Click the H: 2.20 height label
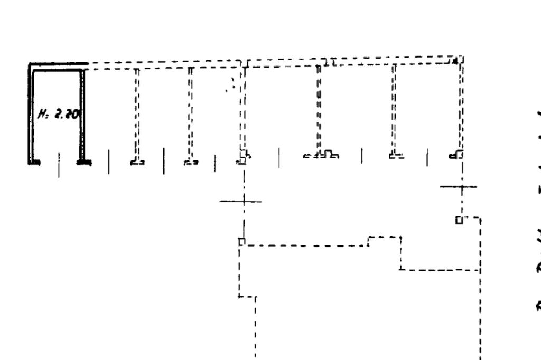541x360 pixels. pyautogui.click(x=57, y=113)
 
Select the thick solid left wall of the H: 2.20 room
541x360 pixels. pyautogui.click(x=31, y=113)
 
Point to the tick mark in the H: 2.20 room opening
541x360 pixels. pyautogui.click(x=59, y=164)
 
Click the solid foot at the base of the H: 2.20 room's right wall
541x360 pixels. pyautogui.click(x=82, y=162)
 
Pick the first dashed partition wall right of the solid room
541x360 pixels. pyautogui.click(x=137, y=113)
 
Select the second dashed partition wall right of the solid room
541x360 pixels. pyautogui.click(x=190, y=113)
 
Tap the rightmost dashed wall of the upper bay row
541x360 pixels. pyautogui.click(x=461, y=106)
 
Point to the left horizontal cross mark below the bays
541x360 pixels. pyautogui.click(x=240, y=201)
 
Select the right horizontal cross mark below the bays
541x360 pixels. pyautogui.click(x=458, y=187)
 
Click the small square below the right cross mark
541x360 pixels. pyautogui.click(x=459, y=220)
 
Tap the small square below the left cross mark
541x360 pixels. pyautogui.click(x=241, y=241)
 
